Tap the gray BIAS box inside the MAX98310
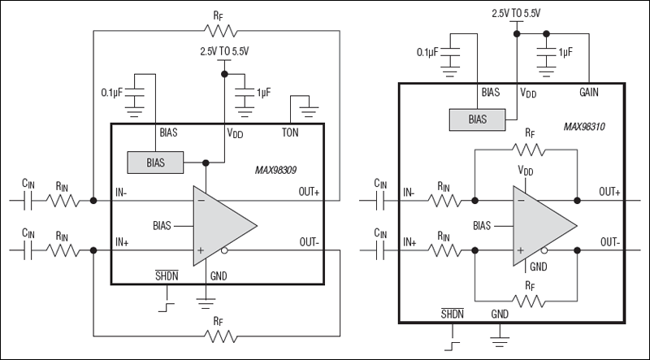pos(476,119)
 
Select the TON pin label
pos(292,132)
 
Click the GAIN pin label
pos(589,93)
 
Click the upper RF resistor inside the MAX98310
pos(529,149)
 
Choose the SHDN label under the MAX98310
pos(452,313)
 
